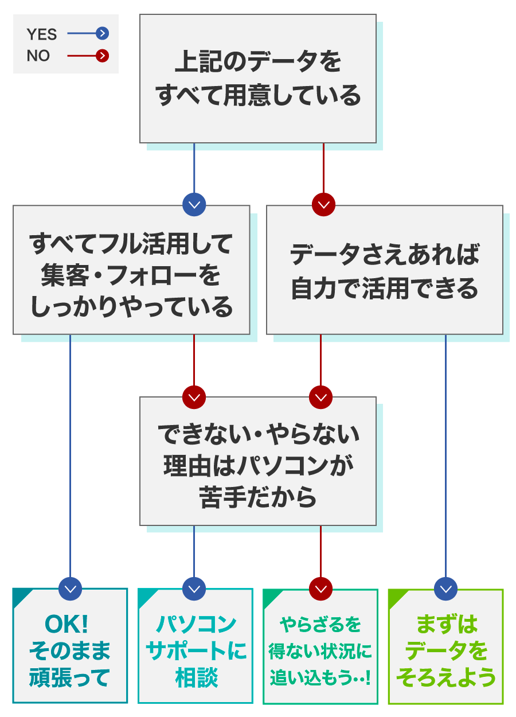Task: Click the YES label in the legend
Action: click(42, 34)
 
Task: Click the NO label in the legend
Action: click(38, 56)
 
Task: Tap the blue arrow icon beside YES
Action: click(102, 33)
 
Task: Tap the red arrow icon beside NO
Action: click(102, 56)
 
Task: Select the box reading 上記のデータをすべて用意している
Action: click(258, 79)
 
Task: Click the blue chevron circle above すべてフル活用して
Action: click(194, 204)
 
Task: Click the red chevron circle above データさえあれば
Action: click(323, 204)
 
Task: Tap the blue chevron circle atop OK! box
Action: click(70, 589)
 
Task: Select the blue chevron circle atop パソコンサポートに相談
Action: click(194, 589)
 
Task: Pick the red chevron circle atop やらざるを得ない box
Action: click(320, 589)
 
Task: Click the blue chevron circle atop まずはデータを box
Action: click(445, 589)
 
